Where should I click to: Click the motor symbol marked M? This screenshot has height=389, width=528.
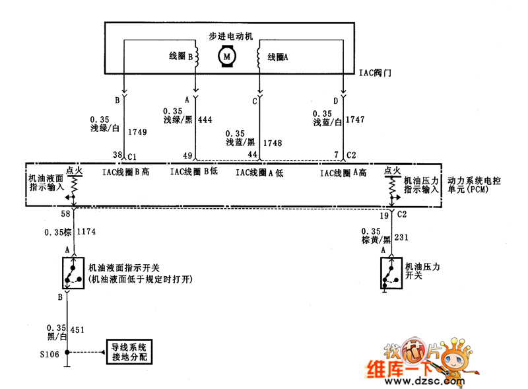[227, 57]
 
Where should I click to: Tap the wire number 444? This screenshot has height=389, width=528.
[205, 120]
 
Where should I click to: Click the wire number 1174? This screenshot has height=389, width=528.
[88, 232]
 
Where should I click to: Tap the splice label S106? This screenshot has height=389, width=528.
[49, 353]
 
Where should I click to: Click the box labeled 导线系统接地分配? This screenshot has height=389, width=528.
[130, 352]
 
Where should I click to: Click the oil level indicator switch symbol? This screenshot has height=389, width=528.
[73, 271]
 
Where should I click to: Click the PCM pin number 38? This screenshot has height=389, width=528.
[117, 156]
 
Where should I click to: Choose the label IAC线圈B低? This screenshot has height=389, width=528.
[194, 172]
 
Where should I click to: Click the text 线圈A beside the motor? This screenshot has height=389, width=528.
[278, 57]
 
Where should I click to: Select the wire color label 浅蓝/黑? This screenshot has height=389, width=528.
[240, 142]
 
